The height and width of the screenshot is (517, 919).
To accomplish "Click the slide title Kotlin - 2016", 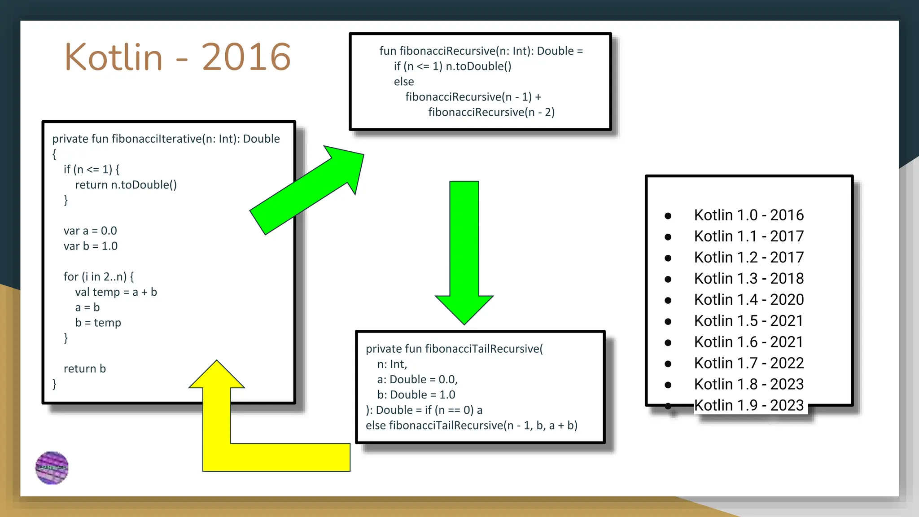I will pos(178,57).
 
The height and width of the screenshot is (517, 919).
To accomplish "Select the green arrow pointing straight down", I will pos(464,251).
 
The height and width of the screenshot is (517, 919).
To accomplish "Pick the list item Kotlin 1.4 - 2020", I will pos(748,299).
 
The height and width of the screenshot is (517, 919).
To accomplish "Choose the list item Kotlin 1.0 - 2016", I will pos(748,215).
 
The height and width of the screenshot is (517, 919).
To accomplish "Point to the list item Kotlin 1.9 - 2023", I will pos(748,405).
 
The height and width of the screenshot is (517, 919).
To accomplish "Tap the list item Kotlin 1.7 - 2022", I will pos(748,363).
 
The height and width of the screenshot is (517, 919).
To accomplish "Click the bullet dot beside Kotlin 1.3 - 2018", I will pos(668,279).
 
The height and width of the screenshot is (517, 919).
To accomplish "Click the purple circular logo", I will pos(52,468).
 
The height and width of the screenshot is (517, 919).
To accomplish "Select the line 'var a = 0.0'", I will pos(90,231).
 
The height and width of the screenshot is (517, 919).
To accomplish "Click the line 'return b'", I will pos(85,368).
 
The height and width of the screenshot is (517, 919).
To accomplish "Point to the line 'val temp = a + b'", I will pos(116,292).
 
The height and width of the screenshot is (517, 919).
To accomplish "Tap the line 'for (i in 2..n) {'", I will pos(99,276).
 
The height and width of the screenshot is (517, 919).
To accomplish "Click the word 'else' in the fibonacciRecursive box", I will pos(404,82).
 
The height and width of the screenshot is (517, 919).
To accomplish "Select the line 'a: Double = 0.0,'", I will pos(417,379).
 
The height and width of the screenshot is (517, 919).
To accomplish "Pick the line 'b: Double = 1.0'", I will pos(416,394).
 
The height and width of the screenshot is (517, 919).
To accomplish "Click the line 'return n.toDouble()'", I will pos(126,185).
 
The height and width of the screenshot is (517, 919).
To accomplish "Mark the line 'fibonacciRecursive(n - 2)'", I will pos(491,112).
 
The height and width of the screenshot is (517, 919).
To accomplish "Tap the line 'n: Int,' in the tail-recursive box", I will pos(392,364).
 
